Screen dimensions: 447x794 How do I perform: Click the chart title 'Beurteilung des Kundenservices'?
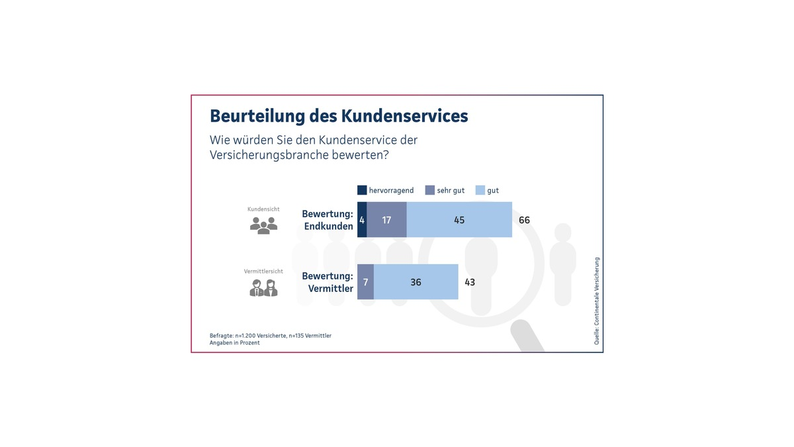coord(339,116)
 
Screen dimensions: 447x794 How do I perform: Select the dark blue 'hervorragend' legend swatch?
coord(362,190)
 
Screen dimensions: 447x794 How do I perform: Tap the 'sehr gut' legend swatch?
coord(429,190)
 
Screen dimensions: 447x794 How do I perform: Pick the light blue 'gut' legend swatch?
coord(480,190)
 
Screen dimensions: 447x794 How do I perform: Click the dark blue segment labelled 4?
coord(362,220)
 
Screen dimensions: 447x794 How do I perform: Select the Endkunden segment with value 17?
coord(386,220)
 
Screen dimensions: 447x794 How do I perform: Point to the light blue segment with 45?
coord(459,220)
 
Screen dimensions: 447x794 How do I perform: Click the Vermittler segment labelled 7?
coord(365,282)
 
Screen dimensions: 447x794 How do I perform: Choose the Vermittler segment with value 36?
coord(416,282)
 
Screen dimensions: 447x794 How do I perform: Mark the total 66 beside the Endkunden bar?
coord(524,220)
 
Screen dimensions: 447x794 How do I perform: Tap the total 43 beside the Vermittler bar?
coord(469,282)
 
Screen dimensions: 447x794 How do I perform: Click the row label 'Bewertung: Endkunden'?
coord(328,220)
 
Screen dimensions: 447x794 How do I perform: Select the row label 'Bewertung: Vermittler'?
coord(328,282)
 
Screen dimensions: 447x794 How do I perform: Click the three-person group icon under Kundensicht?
coord(263,226)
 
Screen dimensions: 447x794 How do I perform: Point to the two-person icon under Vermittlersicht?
coord(263,288)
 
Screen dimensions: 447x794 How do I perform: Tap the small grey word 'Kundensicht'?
coord(263,209)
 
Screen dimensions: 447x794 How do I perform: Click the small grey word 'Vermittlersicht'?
coord(263,272)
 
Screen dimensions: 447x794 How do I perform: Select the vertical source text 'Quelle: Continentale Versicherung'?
coord(596,301)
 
